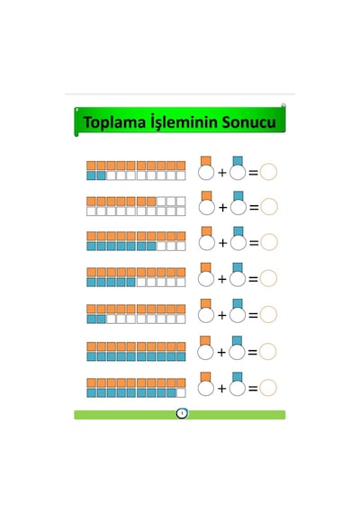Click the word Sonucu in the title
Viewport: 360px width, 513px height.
(x=248, y=122)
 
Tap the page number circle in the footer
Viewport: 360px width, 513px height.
(x=182, y=413)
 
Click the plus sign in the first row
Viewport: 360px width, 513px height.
(x=222, y=173)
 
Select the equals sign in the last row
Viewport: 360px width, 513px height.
(x=253, y=388)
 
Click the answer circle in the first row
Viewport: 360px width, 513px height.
(x=268, y=172)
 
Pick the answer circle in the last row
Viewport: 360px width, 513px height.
(x=268, y=388)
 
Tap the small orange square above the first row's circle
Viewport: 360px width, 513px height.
(x=206, y=161)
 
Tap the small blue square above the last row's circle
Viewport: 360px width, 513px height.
(x=238, y=377)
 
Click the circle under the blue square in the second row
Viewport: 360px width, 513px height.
(x=238, y=207)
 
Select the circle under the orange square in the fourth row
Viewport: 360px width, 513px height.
(x=206, y=279)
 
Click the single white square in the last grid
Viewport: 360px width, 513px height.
(x=181, y=392)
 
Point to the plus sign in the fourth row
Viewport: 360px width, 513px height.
(x=222, y=279)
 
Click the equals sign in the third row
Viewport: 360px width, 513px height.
(x=254, y=243)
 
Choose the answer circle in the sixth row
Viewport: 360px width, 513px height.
(x=268, y=351)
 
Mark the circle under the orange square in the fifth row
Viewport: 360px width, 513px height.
(x=206, y=315)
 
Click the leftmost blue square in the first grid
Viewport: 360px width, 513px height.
(x=91, y=175)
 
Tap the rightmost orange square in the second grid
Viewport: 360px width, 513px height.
(x=151, y=202)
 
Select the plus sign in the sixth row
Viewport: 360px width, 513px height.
(x=221, y=353)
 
